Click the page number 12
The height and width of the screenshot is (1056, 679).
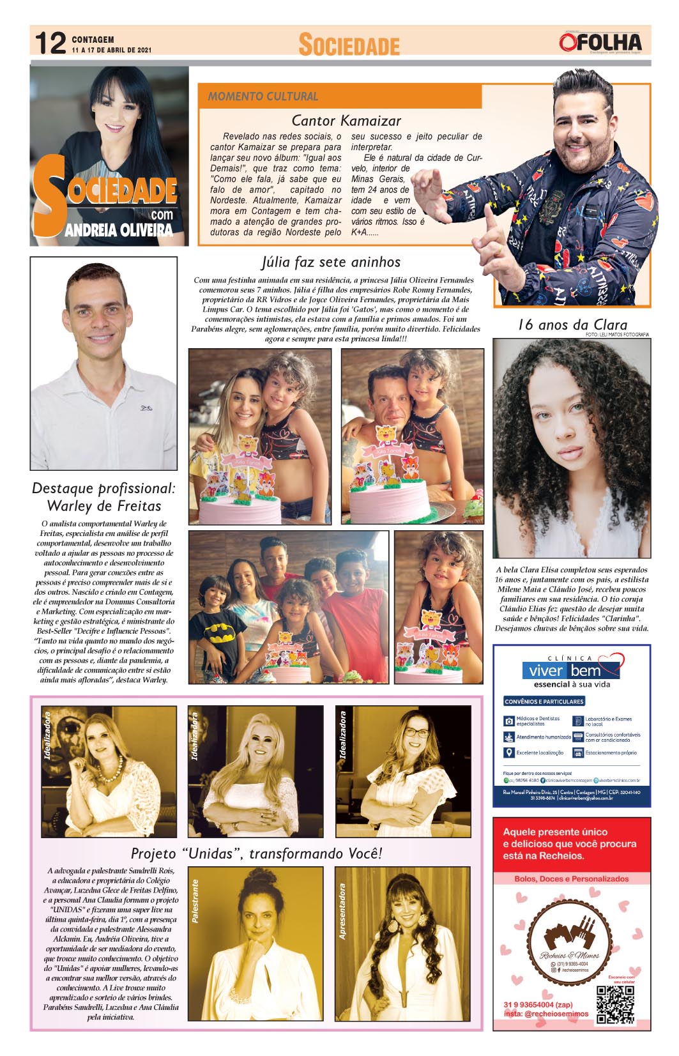[x=50, y=43]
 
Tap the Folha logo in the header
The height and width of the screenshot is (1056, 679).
[x=600, y=43]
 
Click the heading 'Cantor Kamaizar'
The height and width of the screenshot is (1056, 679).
[x=346, y=121]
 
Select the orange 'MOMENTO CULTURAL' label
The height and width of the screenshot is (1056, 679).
[x=263, y=96]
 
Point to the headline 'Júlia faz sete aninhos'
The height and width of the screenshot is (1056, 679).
[x=331, y=262]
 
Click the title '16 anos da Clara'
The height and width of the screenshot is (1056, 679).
[x=572, y=325]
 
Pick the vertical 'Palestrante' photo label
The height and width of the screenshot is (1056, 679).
[x=195, y=901]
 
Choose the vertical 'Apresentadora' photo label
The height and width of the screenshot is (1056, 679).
[x=343, y=912]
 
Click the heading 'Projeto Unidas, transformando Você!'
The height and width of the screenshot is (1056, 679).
[x=256, y=853]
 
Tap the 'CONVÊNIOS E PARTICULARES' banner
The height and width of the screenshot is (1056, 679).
[x=544, y=701]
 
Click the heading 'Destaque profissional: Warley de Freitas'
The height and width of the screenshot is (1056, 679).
[x=103, y=497]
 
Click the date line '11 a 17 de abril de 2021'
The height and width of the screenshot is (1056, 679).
[x=111, y=50]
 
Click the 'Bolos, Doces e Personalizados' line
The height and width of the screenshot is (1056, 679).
[x=572, y=879]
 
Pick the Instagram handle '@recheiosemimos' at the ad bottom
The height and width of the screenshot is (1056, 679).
[x=546, y=1013]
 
